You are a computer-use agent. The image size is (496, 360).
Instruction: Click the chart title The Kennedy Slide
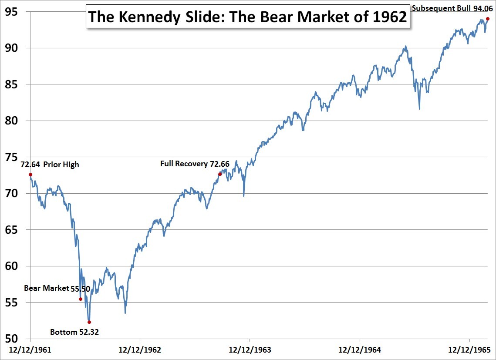point(247,17)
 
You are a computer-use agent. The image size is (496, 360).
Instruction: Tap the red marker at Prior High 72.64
point(30,175)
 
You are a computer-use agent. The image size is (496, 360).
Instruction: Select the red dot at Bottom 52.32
point(89,322)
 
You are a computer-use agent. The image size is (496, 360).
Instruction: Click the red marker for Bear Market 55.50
point(81,299)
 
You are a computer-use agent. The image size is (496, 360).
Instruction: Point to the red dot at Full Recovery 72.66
point(220,174)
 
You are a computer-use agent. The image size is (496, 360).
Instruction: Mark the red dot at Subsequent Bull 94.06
point(488,19)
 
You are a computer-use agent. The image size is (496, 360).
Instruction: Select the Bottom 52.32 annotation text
point(74,332)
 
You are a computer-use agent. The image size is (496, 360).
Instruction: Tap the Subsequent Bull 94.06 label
point(451,8)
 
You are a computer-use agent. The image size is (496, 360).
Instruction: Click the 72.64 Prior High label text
point(50,165)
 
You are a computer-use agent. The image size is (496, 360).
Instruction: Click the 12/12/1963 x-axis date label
point(250,350)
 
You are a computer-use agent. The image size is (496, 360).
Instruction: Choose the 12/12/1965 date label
point(469,350)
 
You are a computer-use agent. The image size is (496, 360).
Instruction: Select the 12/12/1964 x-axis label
point(359,350)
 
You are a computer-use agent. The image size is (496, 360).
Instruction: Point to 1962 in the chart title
point(388,17)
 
